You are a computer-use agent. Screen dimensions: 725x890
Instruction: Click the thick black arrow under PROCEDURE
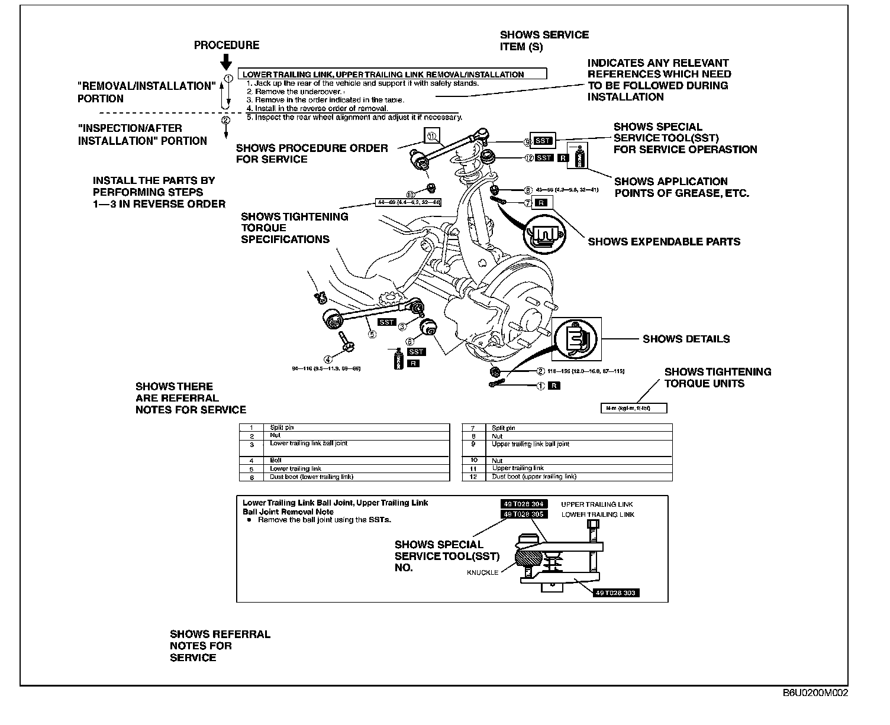click(225, 62)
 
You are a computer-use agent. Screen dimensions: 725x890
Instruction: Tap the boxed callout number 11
click(431, 137)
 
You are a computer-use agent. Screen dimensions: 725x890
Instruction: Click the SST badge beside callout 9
click(543, 141)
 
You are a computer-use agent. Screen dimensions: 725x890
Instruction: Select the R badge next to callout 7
click(541, 203)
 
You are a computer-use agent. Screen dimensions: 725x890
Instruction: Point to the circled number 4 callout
click(327, 358)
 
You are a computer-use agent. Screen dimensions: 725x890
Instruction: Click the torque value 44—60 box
click(409, 202)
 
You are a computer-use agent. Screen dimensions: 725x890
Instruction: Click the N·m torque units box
click(633, 408)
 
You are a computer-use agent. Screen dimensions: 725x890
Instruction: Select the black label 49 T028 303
click(617, 593)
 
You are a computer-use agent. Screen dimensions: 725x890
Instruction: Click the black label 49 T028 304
click(524, 504)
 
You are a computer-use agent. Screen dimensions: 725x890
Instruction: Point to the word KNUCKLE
click(482, 572)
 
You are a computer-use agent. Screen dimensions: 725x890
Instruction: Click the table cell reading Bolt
click(276, 460)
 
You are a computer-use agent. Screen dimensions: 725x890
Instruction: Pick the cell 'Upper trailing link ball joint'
click(530, 444)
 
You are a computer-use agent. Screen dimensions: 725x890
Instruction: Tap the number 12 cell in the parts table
click(473, 477)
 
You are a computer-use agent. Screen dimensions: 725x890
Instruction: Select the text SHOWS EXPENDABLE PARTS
click(664, 241)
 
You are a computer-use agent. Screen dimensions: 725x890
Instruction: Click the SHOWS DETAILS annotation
click(686, 339)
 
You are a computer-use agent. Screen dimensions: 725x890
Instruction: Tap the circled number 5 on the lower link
click(372, 334)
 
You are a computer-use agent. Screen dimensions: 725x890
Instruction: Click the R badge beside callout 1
click(554, 386)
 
